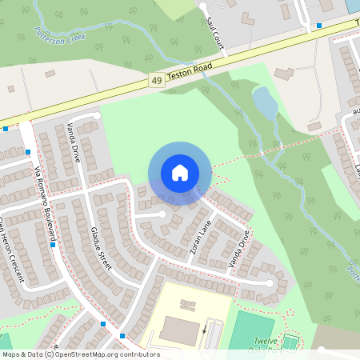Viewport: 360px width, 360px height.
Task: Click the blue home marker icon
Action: [x=179, y=173]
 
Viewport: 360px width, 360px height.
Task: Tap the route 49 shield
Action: [x=155, y=80]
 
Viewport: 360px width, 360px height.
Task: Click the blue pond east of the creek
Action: [x=265, y=102]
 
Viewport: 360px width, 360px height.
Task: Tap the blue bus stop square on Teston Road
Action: [x=318, y=26]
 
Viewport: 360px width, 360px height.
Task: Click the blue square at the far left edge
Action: [x=6, y=128]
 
